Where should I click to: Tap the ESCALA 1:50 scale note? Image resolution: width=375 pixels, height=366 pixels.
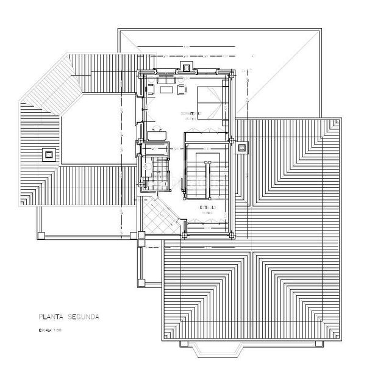click(x=50, y=330)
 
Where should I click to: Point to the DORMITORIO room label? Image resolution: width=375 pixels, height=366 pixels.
click(x=191, y=114)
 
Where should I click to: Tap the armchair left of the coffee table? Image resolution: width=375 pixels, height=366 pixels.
click(x=150, y=90)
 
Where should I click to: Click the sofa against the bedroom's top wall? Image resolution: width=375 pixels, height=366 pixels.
click(x=166, y=79)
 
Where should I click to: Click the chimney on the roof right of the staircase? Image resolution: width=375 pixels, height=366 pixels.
click(x=241, y=147)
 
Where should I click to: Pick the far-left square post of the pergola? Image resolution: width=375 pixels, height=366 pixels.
click(x=40, y=234)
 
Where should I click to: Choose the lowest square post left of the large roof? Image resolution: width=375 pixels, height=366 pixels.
click(x=141, y=282)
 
